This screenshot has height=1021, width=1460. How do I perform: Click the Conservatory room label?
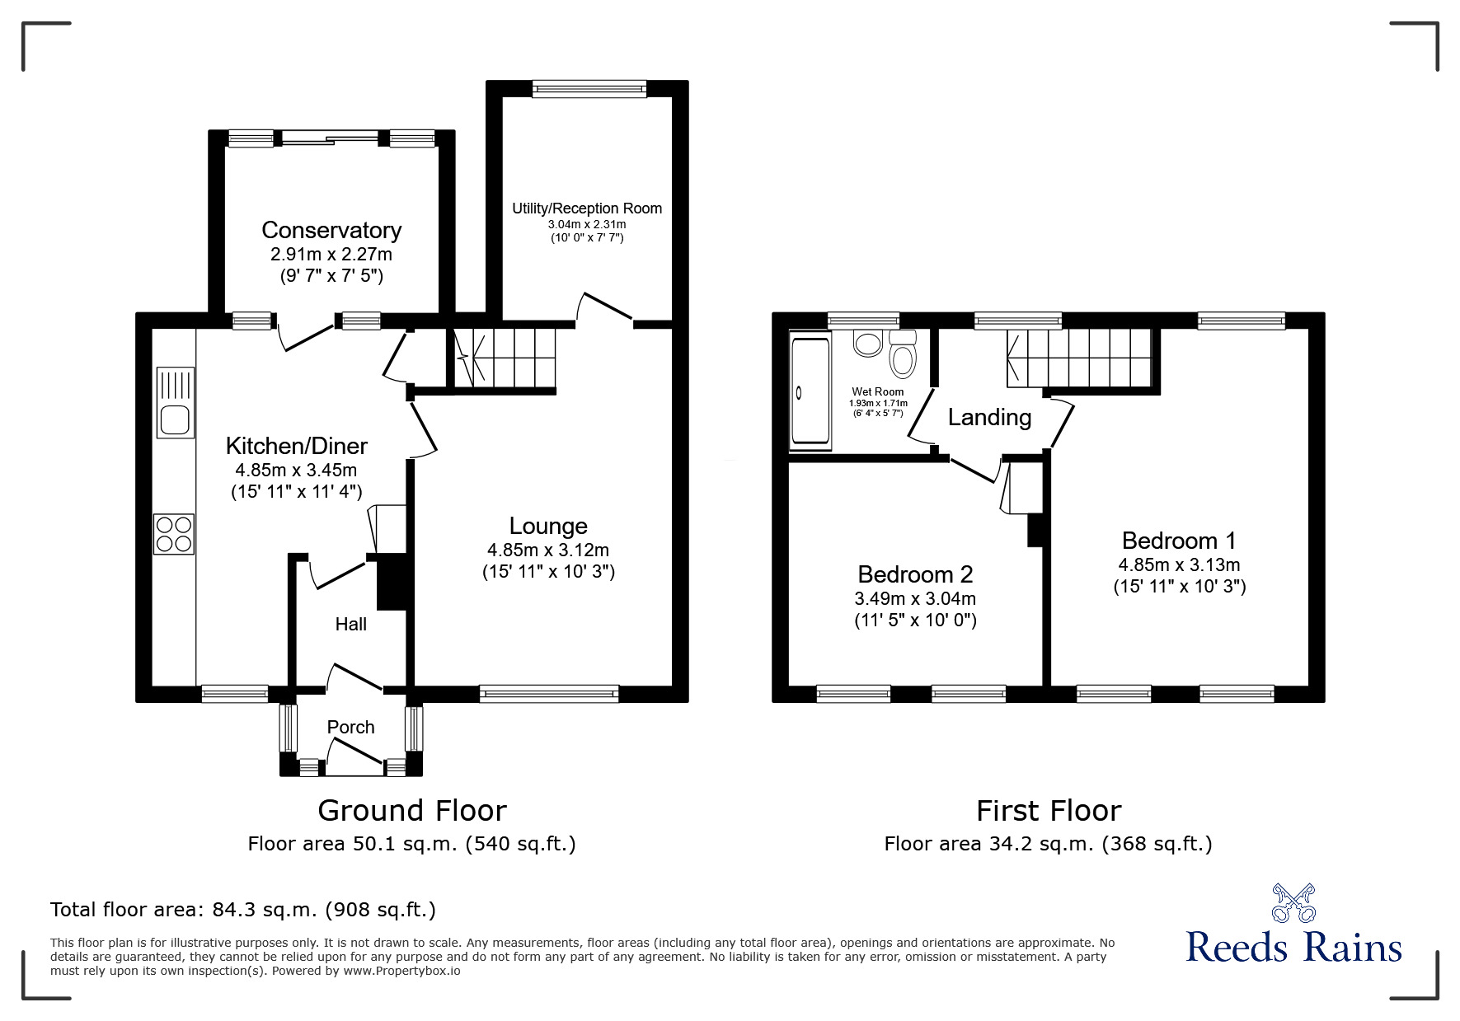pyautogui.click(x=331, y=230)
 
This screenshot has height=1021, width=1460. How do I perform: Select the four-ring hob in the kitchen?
pyautogui.click(x=174, y=533)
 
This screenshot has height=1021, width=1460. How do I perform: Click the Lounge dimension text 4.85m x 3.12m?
pyautogui.click(x=548, y=550)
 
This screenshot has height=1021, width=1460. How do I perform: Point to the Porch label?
pyautogui.click(x=350, y=727)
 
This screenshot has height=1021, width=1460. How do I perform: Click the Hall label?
pyautogui.click(x=350, y=625)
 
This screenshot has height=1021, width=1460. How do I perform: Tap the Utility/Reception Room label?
pyautogui.click(x=587, y=208)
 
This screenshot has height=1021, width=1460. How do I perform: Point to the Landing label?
pyautogui.click(x=989, y=418)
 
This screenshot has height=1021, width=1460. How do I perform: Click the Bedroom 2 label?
pyautogui.click(x=915, y=574)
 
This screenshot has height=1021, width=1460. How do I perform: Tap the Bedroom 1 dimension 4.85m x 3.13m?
pyautogui.click(x=1179, y=565)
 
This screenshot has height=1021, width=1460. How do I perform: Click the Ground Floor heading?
pyautogui.click(x=412, y=811)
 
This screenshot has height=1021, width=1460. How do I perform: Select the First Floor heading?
pyautogui.click(x=1049, y=811)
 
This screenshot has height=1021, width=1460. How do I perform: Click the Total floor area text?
pyautogui.click(x=243, y=910)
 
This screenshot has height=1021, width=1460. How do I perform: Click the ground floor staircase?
pyautogui.click(x=504, y=358)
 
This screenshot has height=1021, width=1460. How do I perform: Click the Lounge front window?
pyautogui.click(x=549, y=694)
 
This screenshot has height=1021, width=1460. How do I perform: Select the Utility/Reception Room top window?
pyautogui.click(x=589, y=89)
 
